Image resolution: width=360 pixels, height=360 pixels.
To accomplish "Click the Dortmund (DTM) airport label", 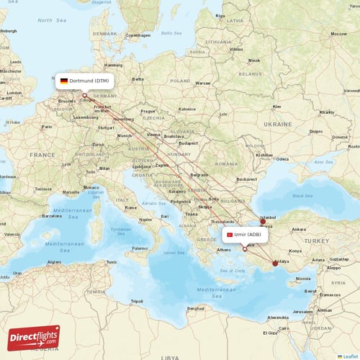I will tap(84, 81).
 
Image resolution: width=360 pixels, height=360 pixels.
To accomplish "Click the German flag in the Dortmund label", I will tap(64, 81).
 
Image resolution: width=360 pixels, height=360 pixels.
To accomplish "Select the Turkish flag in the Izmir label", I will tap(229, 235).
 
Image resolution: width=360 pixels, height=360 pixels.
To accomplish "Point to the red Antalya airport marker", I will tap(274, 263).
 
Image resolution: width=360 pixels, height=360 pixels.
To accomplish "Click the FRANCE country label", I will tap(42, 155).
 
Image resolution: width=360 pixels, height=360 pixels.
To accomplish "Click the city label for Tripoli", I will tap(136, 301).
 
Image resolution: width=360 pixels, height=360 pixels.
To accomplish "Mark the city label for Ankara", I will tap(298, 230).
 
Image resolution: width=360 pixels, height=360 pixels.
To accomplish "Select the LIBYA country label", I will tap(171, 356).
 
